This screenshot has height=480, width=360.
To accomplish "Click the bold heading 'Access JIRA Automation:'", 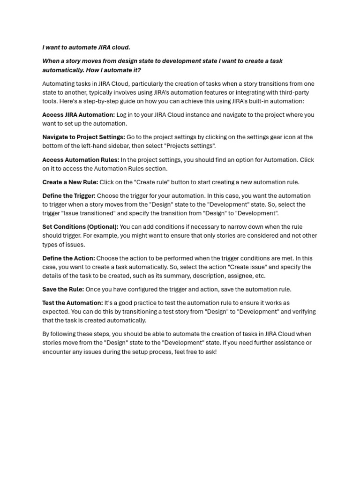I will tap(78, 115).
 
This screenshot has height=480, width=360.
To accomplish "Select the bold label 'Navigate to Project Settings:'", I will tap(83, 137).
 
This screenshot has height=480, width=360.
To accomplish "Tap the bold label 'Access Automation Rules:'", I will tap(81, 160).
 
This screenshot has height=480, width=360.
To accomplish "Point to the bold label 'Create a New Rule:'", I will tap(70, 182).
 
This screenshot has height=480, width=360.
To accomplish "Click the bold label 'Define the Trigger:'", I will tap(69, 196).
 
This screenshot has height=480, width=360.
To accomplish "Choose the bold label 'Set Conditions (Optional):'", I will tap(80, 227).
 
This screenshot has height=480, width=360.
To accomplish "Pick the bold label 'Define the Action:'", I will tap(68, 258).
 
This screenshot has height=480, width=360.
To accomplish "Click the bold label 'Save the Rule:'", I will tap(63, 290).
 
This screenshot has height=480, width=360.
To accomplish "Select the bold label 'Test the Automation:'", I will tap(73, 303).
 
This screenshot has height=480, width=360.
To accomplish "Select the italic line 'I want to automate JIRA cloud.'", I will tap(86, 47).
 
